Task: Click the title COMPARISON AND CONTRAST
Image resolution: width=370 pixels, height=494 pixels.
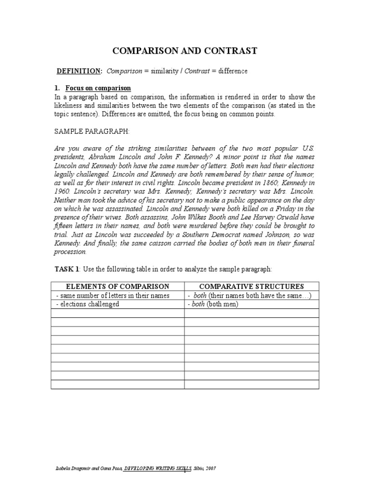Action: (185, 51)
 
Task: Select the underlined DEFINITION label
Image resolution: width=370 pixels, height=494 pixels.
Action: (79, 71)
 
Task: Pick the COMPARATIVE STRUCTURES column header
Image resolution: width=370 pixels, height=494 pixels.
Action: (251, 286)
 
